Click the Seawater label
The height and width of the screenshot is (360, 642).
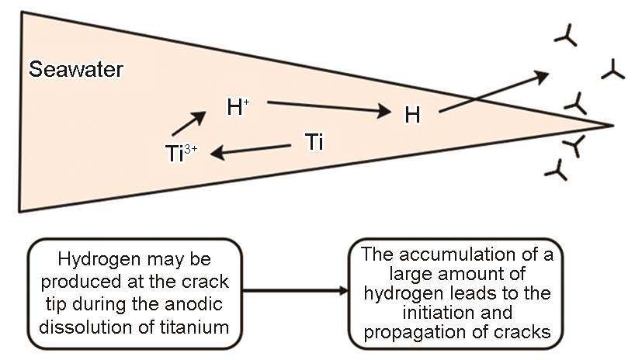point(76,69)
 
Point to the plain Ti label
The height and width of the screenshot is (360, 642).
point(314,143)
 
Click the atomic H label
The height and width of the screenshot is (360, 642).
point(412,116)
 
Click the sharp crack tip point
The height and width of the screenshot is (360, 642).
point(613,125)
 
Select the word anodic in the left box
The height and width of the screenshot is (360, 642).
point(200,309)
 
